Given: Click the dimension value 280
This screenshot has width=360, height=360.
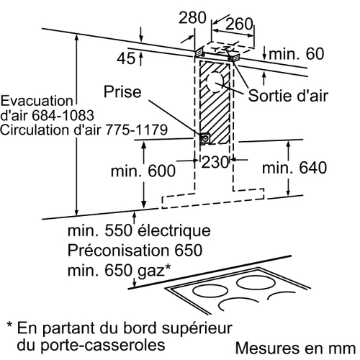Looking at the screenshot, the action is click(x=192, y=17).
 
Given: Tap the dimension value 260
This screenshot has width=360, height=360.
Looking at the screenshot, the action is click(x=239, y=24).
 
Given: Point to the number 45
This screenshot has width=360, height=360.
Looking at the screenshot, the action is click(x=126, y=58).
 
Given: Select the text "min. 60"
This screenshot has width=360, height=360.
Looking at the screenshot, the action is click(x=297, y=54).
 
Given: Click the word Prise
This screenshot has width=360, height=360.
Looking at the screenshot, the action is click(x=122, y=91).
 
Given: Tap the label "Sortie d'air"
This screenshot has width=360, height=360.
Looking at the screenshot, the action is click(x=288, y=96).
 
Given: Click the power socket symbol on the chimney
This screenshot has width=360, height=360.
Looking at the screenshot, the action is click(x=205, y=138).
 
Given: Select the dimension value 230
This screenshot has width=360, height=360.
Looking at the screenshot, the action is click(x=215, y=162).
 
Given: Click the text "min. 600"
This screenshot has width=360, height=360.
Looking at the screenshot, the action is click(x=143, y=171).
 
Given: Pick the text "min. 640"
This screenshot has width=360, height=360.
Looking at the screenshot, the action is click(x=294, y=168).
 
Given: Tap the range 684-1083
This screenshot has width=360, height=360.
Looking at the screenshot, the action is click(x=63, y=115).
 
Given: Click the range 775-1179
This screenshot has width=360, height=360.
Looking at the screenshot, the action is click(x=136, y=130).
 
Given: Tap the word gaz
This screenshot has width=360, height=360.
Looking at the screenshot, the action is click(x=150, y=271).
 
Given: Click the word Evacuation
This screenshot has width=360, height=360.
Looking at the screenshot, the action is click(x=37, y=101).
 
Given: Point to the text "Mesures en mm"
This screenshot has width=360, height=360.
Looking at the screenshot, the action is click(x=295, y=348).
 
